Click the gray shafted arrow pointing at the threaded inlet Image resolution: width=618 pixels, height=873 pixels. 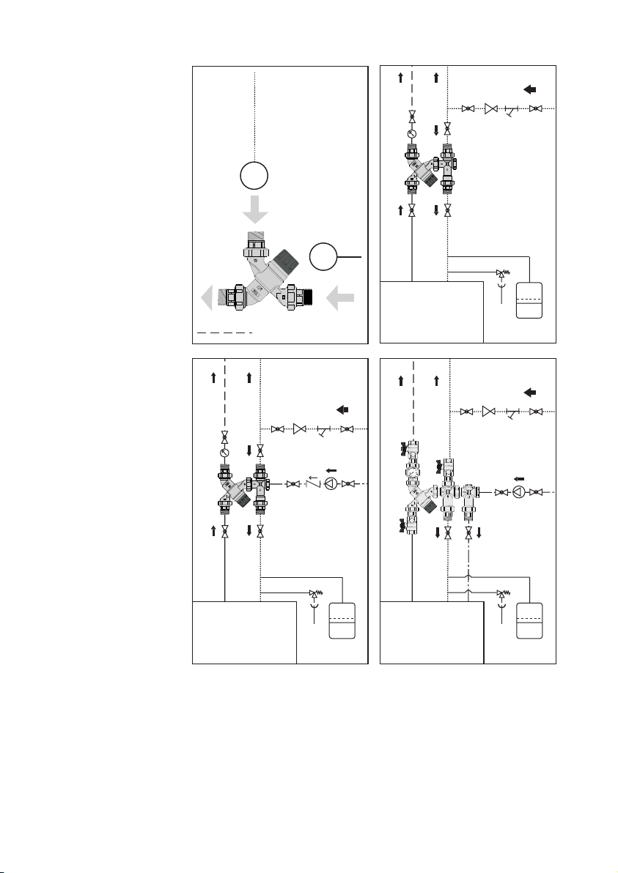tap(341, 299)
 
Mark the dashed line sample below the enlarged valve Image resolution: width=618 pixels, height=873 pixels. tap(224, 332)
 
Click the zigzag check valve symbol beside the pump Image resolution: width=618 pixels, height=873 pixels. tap(312, 483)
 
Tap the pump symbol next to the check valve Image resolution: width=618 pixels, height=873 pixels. tap(331, 484)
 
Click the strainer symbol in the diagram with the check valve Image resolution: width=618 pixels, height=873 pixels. tap(323, 429)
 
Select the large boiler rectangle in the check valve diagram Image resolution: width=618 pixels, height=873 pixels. tap(244, 631)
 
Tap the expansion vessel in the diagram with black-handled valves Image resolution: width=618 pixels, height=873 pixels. tap(529, 620)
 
